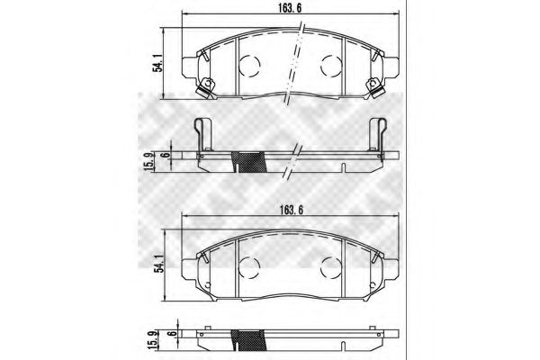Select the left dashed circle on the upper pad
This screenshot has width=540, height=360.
pyautogui.click(x=250, y=65)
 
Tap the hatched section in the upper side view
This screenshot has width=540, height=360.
pyautogui.click(x=250, y=160)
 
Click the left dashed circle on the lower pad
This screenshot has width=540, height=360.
pyautogui.click(x=250, y=266)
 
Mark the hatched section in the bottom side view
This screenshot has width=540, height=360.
pyautogui.click(x=250, y=343)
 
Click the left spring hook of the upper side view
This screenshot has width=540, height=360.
pyautogui.click(x=203, y=134)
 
